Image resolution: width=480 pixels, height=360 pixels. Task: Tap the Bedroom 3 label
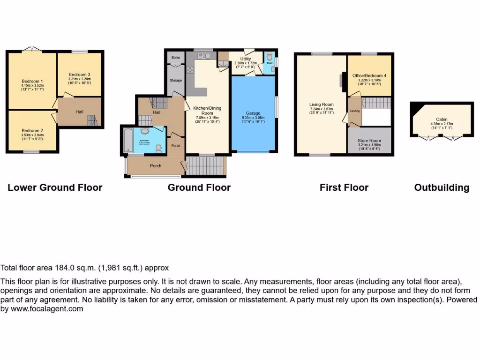pos(79,75)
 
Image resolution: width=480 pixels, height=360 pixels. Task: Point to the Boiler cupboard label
pos(176,57)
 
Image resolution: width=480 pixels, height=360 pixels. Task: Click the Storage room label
pos(176,81)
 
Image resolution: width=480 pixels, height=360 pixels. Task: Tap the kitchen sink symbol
pos(206,56)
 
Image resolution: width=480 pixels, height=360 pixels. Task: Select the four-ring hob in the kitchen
pos(191,71)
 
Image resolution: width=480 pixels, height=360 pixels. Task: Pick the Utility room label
pos(246,59)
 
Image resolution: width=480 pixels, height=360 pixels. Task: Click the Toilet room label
pos(269,63)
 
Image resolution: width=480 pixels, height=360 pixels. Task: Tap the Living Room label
pos(321,105)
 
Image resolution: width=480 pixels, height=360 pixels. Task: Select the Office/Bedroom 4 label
pos(369,75)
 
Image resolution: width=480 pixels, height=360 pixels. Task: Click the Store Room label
pos(369,140)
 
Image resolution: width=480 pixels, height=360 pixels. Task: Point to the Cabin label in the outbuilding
pos(441,120)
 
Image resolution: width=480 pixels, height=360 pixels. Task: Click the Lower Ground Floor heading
pos(55,187)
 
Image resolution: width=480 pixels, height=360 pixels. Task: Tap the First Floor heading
pos(344,187)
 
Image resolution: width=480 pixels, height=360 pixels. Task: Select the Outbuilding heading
pos(441,187)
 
